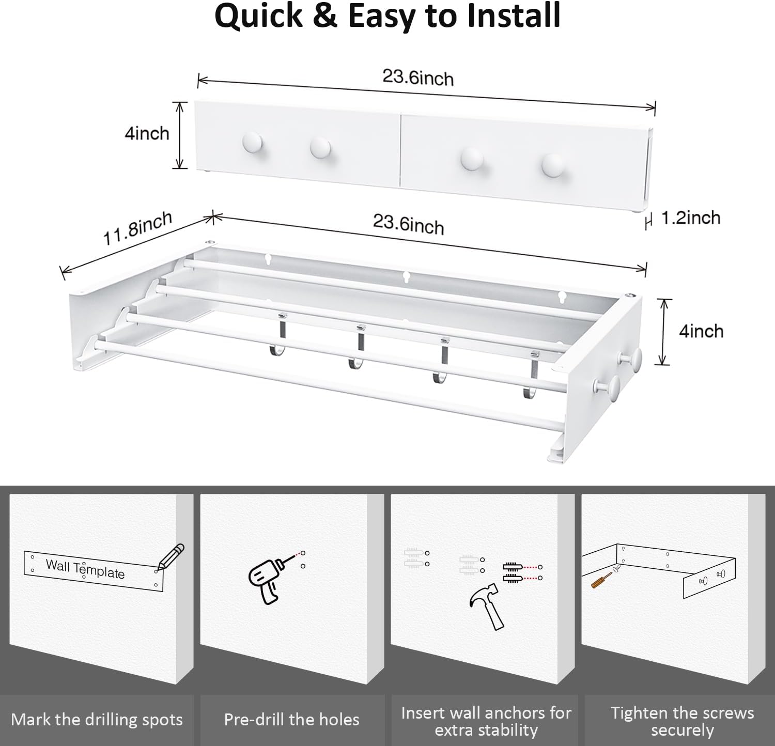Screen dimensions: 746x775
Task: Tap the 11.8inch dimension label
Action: [x=137, y=229]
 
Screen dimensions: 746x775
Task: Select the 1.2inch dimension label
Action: [x=691, y=218]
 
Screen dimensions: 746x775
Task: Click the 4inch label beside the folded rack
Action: [x=147, y=134]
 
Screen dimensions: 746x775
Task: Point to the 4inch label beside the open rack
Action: [x=701, y=331]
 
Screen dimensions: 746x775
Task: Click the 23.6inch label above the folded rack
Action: [x=418, y=78]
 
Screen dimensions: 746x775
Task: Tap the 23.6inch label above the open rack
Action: [x=408, y=225]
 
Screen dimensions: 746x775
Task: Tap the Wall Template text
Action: [x=85, y=569]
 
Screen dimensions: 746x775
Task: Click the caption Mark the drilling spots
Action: [x=97, y=720]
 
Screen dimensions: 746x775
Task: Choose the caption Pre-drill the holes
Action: [x=291, y=720]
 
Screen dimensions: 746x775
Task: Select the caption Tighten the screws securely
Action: [x=682, y=721]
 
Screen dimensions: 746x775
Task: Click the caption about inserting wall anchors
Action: [x=486, y=721]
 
